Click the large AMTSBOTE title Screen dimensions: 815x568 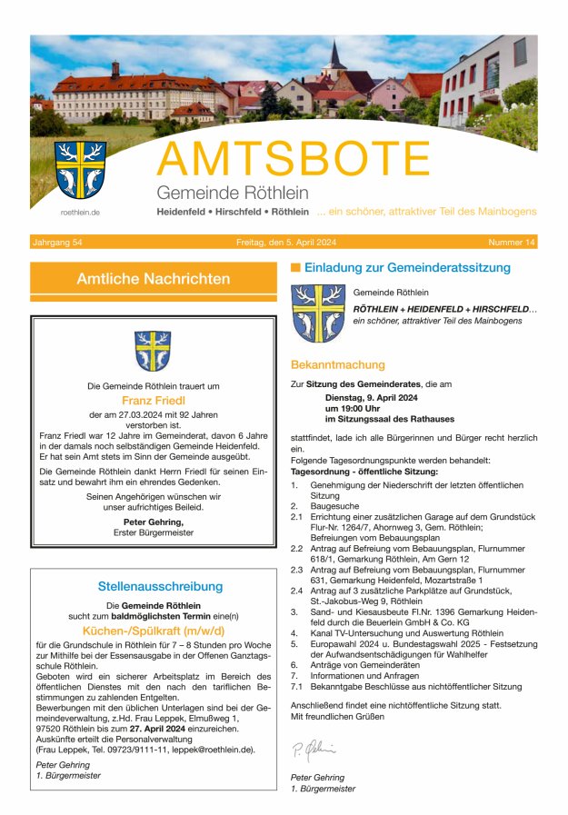(294, 160)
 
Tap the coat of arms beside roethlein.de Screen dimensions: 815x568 (80, 169)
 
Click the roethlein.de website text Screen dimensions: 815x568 (80, 213)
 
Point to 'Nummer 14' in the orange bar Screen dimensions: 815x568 (512, 243)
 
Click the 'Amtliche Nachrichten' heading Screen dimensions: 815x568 (153, 279)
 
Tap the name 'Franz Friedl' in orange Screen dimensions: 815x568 (153, 399)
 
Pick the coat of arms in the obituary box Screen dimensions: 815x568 (153, 351)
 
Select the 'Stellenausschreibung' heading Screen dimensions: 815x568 (160, 586)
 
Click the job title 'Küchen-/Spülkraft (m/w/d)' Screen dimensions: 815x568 (153, 629)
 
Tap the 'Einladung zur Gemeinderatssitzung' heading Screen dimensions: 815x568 (407, 268)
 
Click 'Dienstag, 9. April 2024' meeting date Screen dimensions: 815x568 (371, 397)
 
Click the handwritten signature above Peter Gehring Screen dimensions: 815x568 (314, 750)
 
